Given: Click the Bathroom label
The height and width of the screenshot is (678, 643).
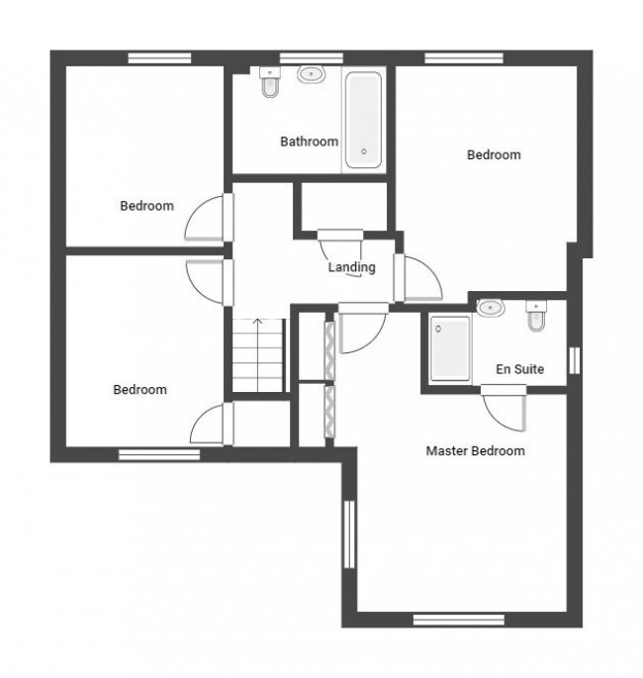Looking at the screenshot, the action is pos(309,142).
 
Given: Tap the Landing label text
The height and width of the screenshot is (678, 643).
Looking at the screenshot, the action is pos(352,267).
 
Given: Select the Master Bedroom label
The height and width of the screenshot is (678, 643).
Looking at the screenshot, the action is pos(476,451).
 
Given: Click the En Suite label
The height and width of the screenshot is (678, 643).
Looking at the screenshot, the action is pos(520,369).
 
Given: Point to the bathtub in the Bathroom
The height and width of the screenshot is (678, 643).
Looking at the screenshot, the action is pos(363,120).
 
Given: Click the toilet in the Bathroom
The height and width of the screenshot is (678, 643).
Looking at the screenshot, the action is pos(270,82).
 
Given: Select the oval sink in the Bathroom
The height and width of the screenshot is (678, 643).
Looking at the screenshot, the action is pos(311,74).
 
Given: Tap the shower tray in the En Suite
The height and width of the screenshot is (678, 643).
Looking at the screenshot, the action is pos(450,348).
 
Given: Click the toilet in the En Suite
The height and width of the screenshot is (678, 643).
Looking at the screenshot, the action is pos(536,316).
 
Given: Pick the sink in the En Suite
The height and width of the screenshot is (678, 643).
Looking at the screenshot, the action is pos(491,308).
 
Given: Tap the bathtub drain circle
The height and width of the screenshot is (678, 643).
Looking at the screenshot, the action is pos(364,151).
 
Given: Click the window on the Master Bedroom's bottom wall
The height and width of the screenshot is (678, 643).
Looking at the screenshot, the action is pos(459,620).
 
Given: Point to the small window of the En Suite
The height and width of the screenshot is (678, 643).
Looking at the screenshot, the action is pos(575,360).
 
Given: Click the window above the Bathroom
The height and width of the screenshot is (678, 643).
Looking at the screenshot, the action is pos(312,58).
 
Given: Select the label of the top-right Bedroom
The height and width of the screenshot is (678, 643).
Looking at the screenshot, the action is pos(494,154).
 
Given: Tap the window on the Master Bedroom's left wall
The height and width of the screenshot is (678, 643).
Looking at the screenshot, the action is pos(349,534).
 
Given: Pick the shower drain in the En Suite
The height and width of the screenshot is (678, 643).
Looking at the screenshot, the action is pos(438,329).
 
